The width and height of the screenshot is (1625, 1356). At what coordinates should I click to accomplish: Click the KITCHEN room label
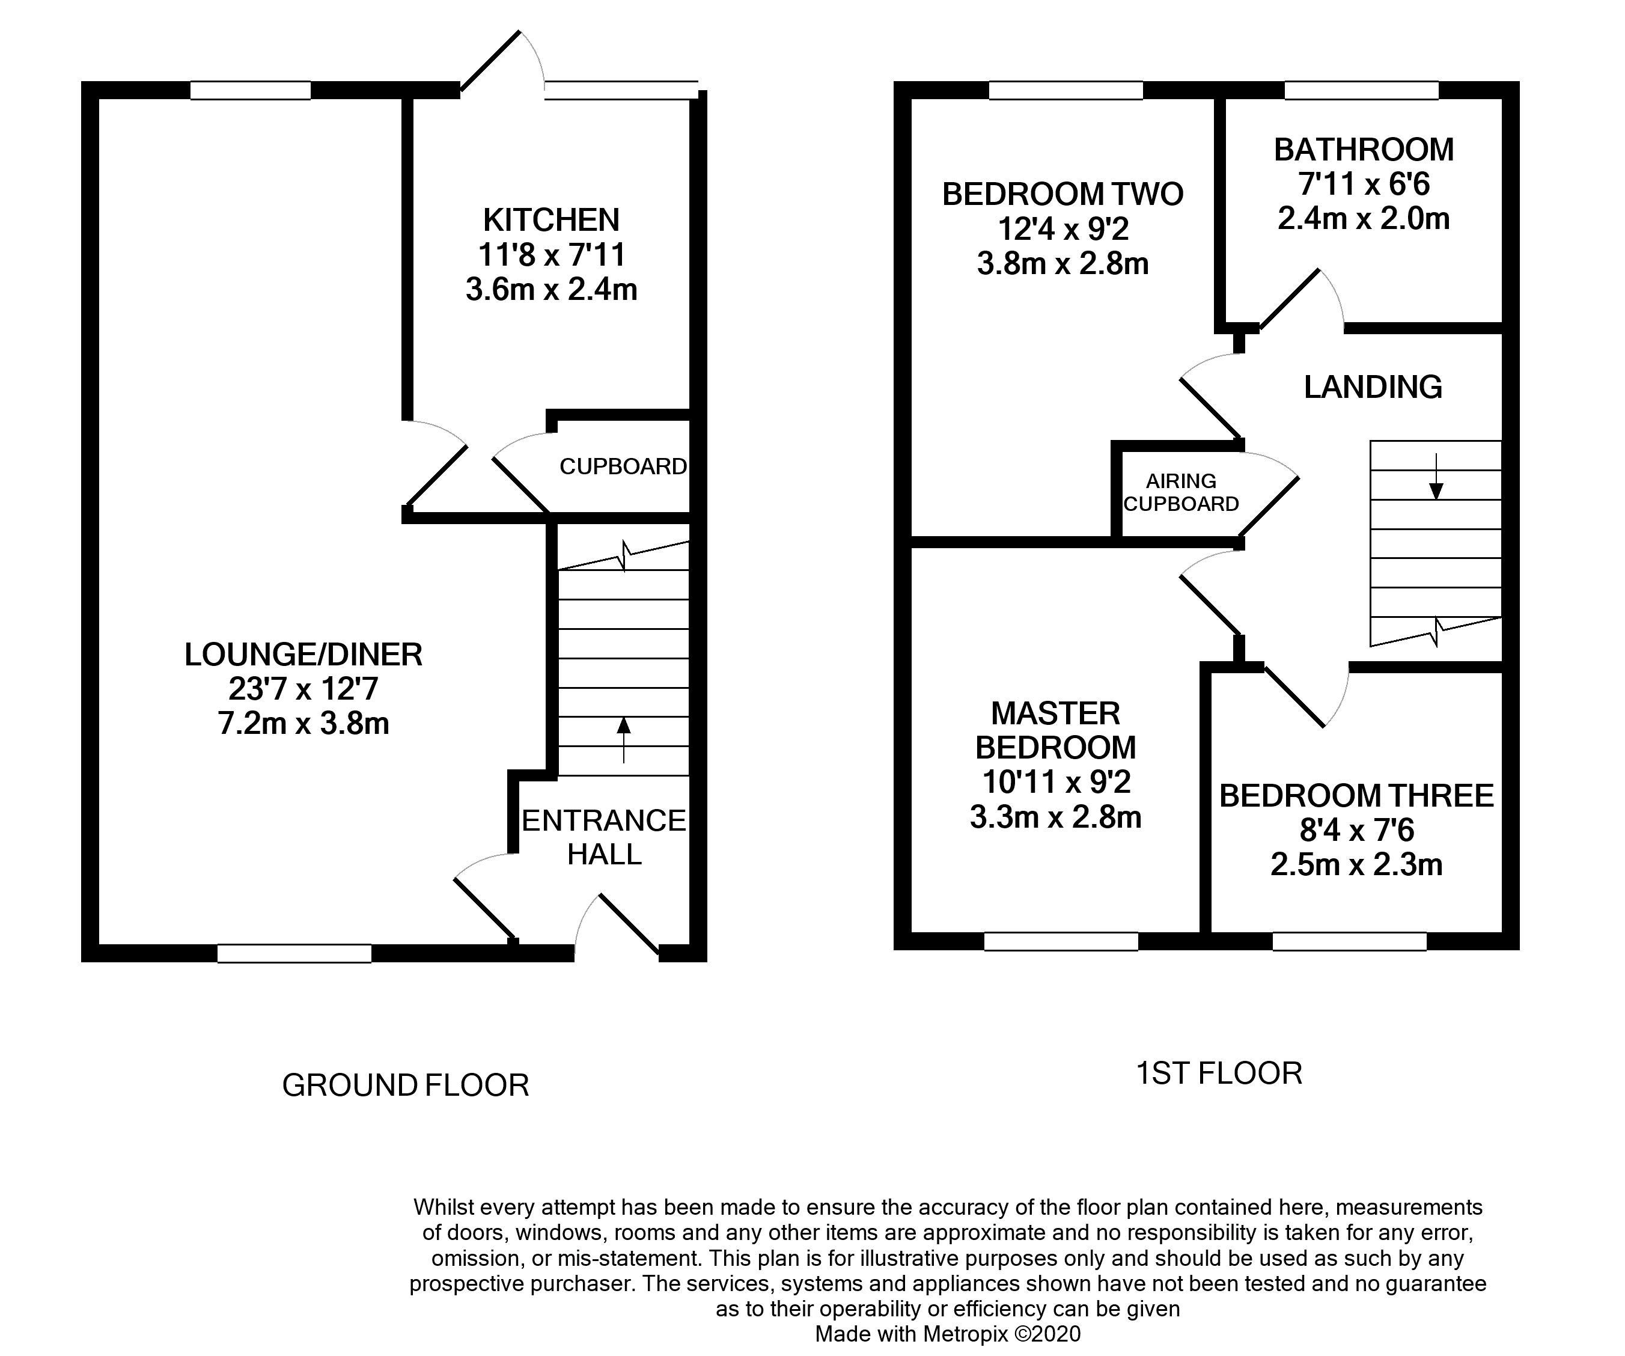[x=551, y=220]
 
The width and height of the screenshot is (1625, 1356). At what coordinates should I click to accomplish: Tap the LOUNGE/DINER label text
[x=303, y=655]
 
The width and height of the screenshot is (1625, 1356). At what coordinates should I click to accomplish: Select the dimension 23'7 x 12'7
[x=303, y=689]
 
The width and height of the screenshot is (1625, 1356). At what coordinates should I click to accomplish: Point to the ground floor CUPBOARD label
[x=623, y=466]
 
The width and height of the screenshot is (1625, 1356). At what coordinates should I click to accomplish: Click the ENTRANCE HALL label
[x=603, y=837]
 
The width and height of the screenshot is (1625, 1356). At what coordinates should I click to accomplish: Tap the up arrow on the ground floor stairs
[x=623, y=740]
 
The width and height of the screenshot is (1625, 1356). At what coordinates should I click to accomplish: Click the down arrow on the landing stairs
[x=1436, y=476]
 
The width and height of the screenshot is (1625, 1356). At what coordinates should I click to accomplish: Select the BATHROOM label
[x=1364, y=150]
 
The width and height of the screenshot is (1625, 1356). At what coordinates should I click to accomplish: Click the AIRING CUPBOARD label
[x=1181, y=492]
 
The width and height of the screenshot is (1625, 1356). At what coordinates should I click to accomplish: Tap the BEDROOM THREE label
[x=1356, y=796]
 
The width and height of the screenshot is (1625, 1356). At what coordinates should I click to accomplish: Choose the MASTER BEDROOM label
[x=1055, y=730]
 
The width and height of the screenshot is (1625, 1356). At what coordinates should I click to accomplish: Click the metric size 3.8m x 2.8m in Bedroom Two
[x=1062, y=264]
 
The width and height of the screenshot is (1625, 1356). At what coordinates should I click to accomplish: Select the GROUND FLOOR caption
[x=406, y=1085]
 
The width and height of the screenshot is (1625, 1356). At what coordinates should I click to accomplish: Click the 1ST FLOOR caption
[x=1219, y=1073]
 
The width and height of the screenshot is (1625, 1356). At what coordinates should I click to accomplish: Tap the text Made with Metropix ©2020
[x=948, y=1334]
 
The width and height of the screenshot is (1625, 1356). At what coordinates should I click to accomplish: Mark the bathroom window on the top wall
[x=1361, y=91]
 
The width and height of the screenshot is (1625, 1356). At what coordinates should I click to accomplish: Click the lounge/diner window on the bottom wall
[x=294, y=953]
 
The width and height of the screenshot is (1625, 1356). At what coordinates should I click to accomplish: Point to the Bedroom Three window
[x=1350, y=941]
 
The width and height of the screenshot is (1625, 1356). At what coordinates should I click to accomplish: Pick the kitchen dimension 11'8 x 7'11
[x=551, y=255]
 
